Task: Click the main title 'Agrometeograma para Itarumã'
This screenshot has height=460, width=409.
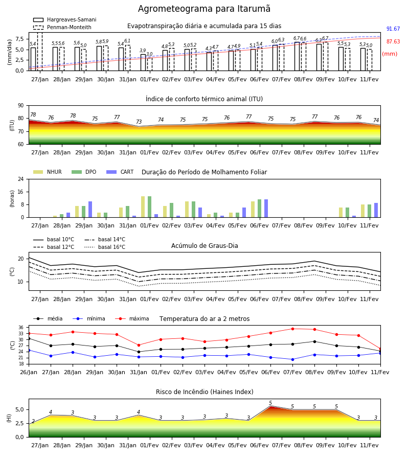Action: click(204, 9)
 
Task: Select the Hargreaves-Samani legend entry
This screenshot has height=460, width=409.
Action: click(64, 19)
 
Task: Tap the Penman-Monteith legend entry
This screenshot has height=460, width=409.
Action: click(62, 27)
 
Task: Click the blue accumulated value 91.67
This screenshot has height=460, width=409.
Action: click(393, 29)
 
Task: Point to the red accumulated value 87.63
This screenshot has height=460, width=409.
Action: click(393, 42)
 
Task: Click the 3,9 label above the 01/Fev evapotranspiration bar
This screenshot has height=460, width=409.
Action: click(143, 51)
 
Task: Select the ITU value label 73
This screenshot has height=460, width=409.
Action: click(139, 122)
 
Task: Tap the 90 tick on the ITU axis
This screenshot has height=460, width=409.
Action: click(21, 106)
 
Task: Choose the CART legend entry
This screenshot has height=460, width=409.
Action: click(120, 172)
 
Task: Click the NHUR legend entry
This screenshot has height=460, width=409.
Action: click(48, 172)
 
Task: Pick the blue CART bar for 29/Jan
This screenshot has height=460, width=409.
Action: click(90, 210)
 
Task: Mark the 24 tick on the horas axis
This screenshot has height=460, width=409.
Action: click(21, 179)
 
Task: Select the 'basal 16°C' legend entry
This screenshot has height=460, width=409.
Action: click(105, 247)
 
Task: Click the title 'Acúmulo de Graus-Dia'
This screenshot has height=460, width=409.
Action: click(204, 246)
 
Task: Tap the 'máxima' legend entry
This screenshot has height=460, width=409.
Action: click(132, 318)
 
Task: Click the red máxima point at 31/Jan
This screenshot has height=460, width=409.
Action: click(139, 345)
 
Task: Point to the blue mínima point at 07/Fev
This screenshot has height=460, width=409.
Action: click(292, 359)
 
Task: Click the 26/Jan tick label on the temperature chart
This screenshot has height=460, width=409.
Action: click(29, 372)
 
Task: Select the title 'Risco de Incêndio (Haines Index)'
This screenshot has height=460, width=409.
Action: click(204, 392)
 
